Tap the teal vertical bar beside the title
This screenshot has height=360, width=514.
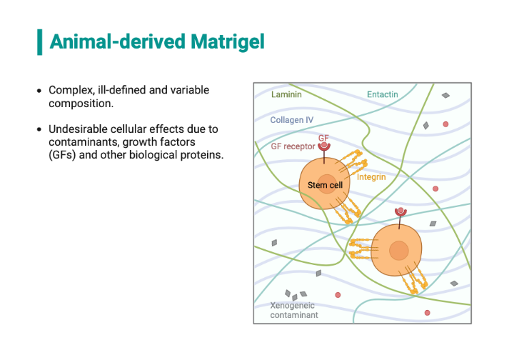pyautogui.click(x=39, y=42)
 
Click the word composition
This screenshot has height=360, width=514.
pyautogui.click(x=80, y=104)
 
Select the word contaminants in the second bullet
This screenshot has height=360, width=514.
pyautogui.click(x=84, y=142)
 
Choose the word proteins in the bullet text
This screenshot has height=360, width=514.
pyautogui.click(x=203, y=155)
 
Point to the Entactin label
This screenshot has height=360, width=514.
pyautogui.click(x=382, y=94)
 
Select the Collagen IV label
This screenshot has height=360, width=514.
pyautogui.click(x=291, y=120)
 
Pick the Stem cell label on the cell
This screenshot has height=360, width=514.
pyautogui.click(x=325, y=185)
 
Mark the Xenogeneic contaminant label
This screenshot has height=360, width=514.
pyautogui.click(x=293, y=309)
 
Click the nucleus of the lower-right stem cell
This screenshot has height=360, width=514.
pyautogui.click(x=398, y=251)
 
